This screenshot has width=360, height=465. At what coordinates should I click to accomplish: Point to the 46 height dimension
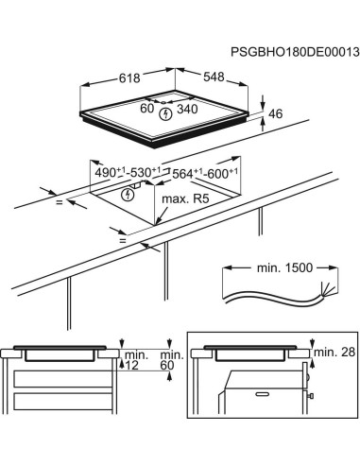276,114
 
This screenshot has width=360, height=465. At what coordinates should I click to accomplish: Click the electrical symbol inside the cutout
129,194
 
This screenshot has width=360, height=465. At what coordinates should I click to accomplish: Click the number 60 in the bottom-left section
167,365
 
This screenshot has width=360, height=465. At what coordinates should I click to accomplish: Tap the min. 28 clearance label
330,352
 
